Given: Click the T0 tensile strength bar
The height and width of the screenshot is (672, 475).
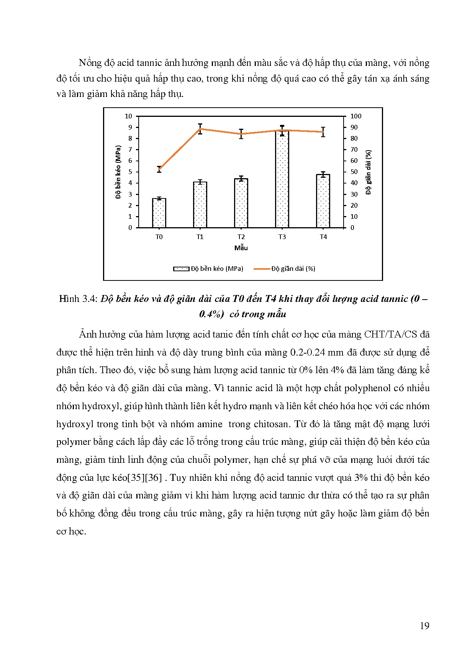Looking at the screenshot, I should click(x=159, y=213).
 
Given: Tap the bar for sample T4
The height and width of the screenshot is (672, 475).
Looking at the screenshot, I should click(x=323, y=201).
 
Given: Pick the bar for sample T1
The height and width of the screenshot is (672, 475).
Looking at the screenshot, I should click(x=200, y=205).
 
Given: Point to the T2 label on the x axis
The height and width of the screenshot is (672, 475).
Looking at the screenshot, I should click(x=241, y=237).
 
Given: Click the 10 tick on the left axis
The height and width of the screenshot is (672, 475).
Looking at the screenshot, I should click(x=128, y=116).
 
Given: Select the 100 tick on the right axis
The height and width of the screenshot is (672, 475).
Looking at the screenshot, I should click(x=356, y=116).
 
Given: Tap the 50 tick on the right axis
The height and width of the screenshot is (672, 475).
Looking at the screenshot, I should click(x=354, y=172).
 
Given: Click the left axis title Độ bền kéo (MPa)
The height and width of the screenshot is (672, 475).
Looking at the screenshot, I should click(x=118, y=172).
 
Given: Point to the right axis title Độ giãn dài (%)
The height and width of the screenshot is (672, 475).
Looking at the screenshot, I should click(x=369, y=172).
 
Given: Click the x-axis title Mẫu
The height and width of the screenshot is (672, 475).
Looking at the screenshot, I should click(x=241, y=248).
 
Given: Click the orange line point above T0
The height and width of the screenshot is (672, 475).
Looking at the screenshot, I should click(x=159, y=169).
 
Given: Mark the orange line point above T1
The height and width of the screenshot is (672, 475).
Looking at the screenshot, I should click(x=200, y=129).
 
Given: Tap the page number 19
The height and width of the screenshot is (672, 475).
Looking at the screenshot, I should click(x=424, y=626).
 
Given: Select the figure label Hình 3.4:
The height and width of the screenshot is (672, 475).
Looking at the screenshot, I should click(x=79, y=299).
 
